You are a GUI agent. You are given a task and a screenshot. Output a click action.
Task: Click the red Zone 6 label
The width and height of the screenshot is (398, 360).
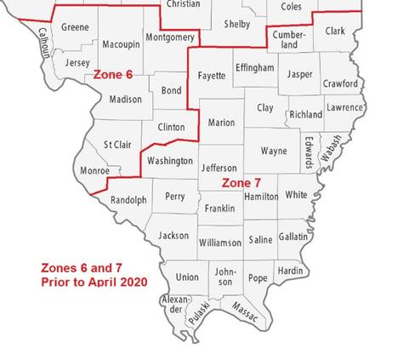pos(113,75)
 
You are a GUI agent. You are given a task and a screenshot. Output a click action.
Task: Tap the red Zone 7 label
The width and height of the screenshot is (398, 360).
pos(241,183)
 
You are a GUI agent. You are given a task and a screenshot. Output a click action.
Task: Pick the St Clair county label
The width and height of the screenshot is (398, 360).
pos(117,146)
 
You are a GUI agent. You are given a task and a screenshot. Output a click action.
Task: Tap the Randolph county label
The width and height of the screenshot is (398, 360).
pos(129,200)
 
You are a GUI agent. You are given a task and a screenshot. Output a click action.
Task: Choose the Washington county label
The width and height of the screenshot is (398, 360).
pos(169,161)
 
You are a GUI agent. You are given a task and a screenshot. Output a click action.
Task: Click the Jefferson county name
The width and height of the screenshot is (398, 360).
pos(219,169)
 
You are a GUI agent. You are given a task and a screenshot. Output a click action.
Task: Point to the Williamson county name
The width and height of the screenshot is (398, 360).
pos(219,243)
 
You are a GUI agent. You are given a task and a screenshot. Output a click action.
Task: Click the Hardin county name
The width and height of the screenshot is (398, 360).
pos(290,271)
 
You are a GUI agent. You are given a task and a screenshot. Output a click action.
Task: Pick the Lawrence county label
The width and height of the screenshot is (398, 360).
pos(346,108)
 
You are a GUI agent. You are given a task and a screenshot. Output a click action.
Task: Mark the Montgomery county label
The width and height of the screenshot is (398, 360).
pos(169,37)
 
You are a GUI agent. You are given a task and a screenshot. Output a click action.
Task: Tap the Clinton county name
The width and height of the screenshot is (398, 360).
pos(173,126)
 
